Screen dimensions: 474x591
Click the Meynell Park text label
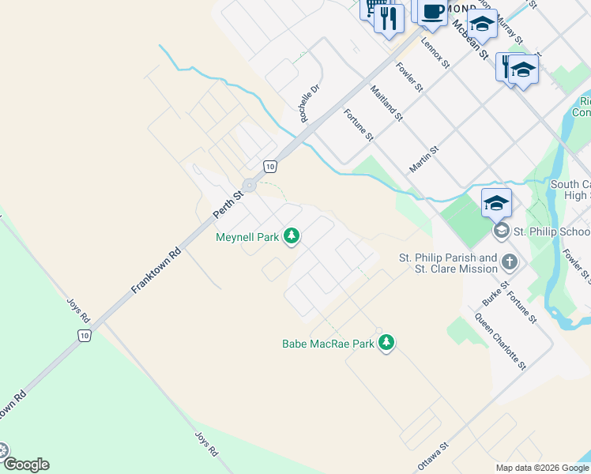[x=249, y=236]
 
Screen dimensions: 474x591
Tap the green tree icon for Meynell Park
[x=292, y=235]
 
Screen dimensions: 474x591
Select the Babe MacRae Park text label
[x=328, y=344]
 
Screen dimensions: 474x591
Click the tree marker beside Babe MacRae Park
[x=386, y=343]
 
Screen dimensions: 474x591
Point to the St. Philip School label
[x=551, y=231]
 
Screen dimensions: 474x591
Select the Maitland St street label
[x=386, y=103]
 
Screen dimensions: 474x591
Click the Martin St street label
[x=423, y=159]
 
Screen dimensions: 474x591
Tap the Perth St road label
[x=226, y=203]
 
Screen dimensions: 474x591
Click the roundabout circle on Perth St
[x=250, y=186]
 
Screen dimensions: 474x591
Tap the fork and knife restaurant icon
[x=388, y=17]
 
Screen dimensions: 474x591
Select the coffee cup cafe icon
[x=432, y=12]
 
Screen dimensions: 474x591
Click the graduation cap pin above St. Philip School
[x=496, y=203]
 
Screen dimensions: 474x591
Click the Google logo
[x=25, y=465]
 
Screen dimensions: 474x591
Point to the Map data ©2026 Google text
[x=541, y=468]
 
